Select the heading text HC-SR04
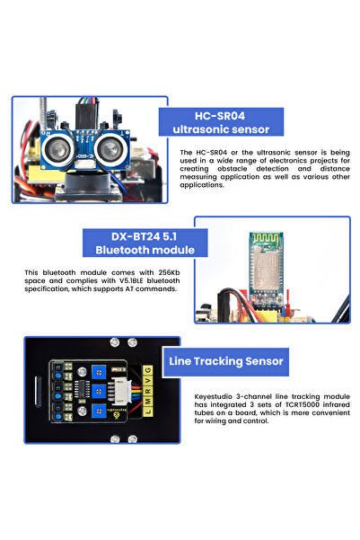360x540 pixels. click(x=220, y=114)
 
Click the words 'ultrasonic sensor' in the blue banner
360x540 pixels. click(x=221, y=129)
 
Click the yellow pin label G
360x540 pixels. click(x=147, y=370)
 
